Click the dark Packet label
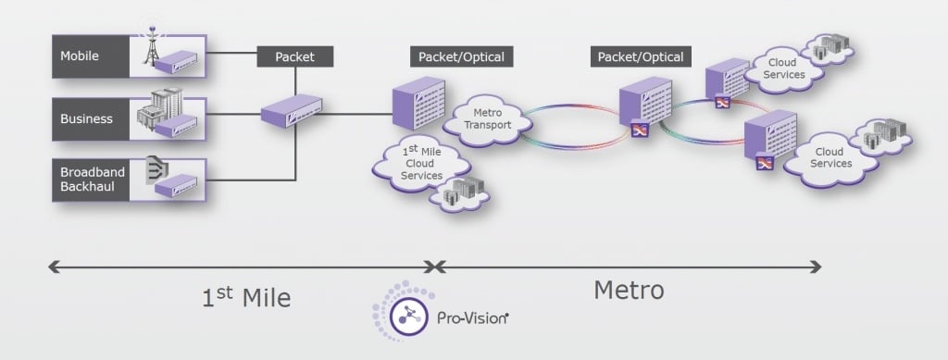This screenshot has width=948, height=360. pos(294,56)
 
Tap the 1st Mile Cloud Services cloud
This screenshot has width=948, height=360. pos(421,164)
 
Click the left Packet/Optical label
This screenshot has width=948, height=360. pos(461,56)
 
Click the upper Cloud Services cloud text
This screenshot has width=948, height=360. pos(785,68)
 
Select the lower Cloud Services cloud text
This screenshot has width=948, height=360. pos(831,156)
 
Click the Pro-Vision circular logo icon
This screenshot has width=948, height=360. pos(405,317)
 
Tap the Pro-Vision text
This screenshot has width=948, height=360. pos(472,318)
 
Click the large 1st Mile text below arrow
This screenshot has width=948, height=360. pos(246,298)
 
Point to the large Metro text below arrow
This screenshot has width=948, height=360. pos(628,290)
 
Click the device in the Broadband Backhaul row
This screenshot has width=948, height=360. pos(175,187)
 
